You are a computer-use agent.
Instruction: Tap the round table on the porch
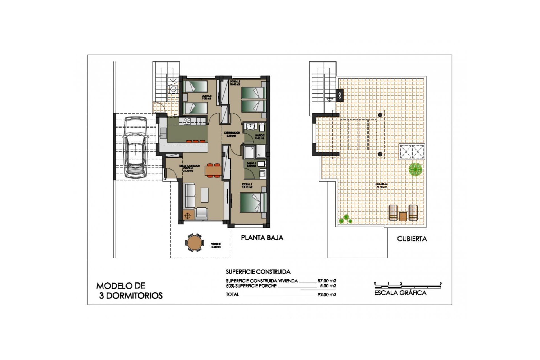pos(193,242)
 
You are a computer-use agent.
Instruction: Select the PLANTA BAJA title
pos(262,238)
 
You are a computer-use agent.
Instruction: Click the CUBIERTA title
pos(412,239)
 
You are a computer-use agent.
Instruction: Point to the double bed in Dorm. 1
pos(253,202)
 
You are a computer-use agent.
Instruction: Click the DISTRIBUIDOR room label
pos(232,132)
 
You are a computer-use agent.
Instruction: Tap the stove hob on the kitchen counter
pos(187,121)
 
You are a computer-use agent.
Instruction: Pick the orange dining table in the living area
pos(213,170)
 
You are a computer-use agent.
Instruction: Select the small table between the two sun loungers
pos(403,216)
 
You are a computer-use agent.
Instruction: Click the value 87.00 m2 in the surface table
pos(327,281)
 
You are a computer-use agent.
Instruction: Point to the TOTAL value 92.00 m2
pos(327,294)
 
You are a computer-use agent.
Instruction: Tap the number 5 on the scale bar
pos(440,283)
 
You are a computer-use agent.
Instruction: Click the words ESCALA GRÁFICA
pos(400,293)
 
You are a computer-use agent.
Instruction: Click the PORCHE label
pos(216,244)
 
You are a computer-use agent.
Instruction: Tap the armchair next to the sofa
pos(201,213)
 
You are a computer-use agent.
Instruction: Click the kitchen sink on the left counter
pos(163,131)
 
